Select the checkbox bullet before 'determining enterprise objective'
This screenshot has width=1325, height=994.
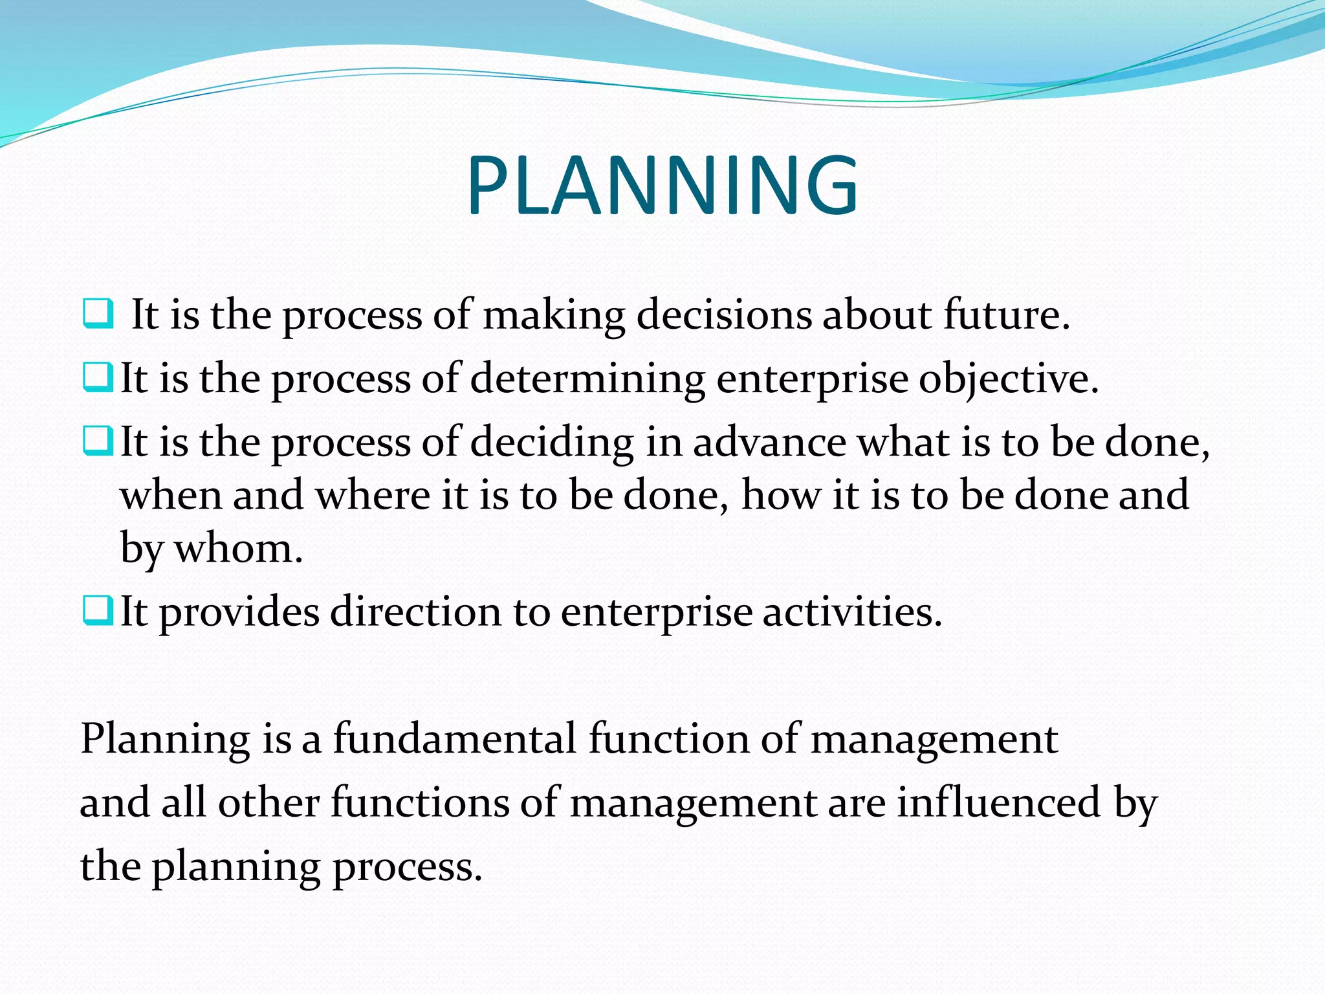[98, 377]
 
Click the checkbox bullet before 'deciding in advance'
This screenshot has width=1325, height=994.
[98, 441]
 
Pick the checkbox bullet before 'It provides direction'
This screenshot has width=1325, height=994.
[98, 610]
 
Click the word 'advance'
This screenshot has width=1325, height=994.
[769, 443]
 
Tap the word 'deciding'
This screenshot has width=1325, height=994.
[551, 444]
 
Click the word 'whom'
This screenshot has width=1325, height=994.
[238, 549]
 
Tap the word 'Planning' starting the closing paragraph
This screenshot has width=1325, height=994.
[165, 740]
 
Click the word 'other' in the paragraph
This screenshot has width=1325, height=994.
[268, 802]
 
